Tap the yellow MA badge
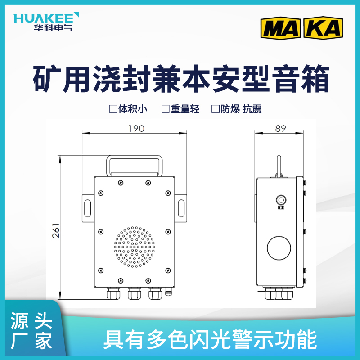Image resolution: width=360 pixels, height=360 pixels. point(280,27)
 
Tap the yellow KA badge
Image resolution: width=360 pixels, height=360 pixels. point(323,27)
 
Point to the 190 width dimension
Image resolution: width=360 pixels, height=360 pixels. point(136,128)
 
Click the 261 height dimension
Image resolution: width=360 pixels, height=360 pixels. point(56,230)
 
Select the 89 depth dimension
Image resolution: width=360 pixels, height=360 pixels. point(280,128)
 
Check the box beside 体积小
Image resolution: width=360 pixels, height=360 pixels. point(113,109)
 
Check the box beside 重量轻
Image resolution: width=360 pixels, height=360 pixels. point(165,109)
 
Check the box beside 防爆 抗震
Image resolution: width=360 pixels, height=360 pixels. point(216,109)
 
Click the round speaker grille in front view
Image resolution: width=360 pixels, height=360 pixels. point(134,247)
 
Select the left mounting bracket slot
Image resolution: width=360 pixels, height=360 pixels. point(87,208)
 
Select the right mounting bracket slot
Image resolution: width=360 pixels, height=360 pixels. point(181,208)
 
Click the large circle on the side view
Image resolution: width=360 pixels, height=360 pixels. point(279,248)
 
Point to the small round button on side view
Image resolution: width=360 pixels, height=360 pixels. point(281,200)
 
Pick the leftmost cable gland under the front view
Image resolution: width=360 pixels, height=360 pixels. point(113,293)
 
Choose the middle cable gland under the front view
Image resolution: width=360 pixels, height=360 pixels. point(134,293)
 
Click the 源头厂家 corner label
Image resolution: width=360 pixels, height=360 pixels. point(31,330)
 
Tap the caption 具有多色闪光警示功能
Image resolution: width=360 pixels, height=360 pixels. point(210,339)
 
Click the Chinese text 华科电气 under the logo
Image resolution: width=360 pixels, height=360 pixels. point(53,27)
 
